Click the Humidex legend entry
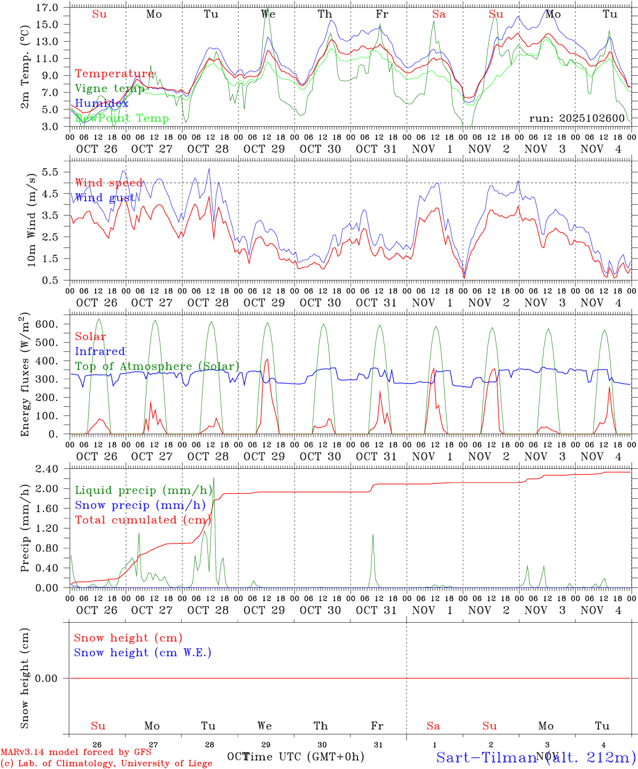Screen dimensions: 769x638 click(102, 104)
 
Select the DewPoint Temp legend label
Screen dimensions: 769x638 click(122, 118)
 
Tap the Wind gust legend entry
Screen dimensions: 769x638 click(105, 198)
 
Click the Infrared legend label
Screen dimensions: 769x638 click(100, 351)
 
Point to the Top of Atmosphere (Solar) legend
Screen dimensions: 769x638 click(157, 366)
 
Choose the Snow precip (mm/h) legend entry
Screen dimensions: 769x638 click(140, 505)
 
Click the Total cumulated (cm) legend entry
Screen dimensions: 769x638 click(140, 520)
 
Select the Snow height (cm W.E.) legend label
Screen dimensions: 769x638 click(142, 653)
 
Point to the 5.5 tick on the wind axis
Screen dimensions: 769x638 click(51, 172)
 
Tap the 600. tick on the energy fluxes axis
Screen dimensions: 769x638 click(47, 324)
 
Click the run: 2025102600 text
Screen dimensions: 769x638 click(577, 118)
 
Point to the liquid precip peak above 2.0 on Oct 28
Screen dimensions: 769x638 click(214, 478)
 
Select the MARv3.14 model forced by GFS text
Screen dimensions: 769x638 click(76, 752)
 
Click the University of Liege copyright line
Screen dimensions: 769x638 click(106, 763)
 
